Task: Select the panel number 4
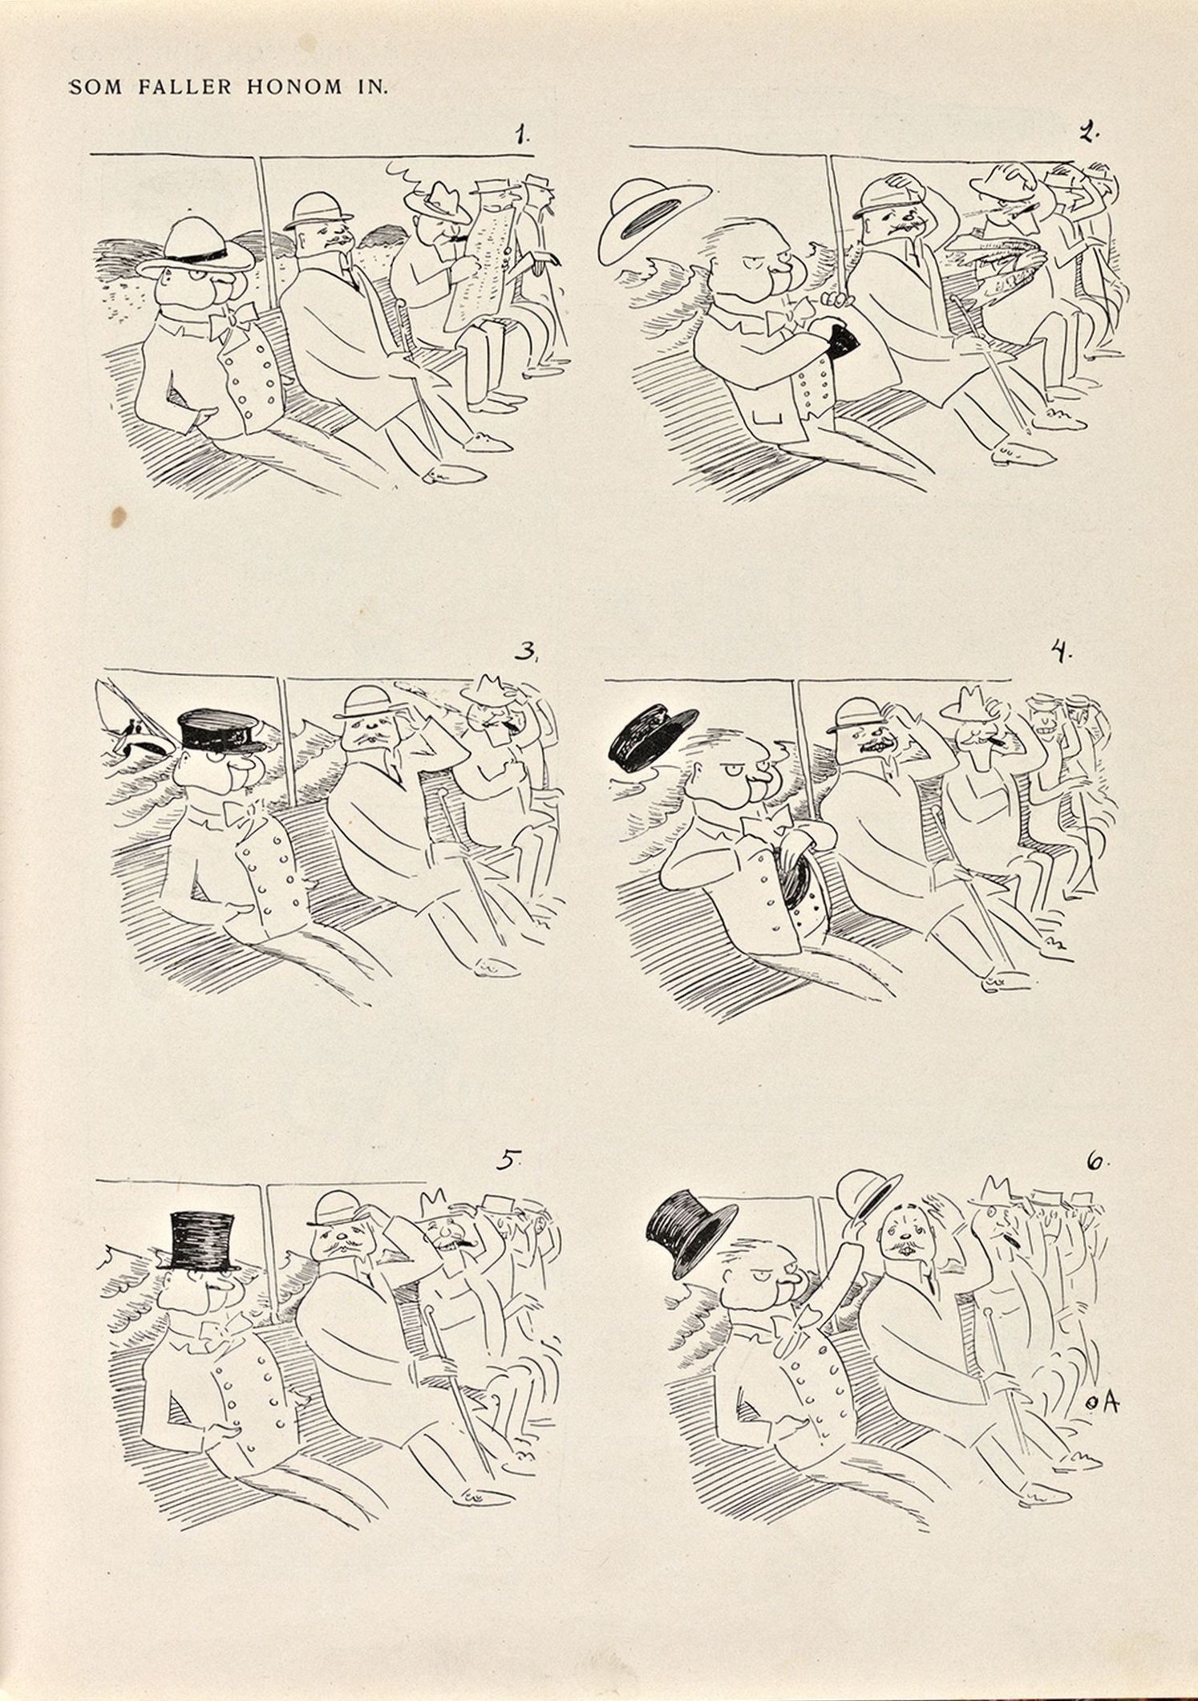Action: click(1062, 653)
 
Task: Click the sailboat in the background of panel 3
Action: click(132, 722)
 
